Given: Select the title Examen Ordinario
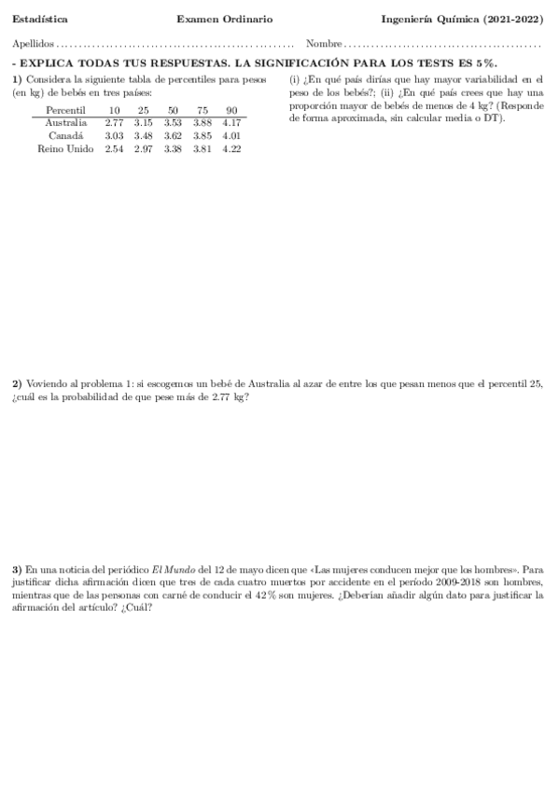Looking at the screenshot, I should [237, 19].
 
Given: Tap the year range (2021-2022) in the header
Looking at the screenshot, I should [514, 19].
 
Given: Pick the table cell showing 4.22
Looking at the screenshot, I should [231, 149].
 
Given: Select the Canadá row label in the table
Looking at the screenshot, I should [67, 136].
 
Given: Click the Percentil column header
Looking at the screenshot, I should [65, 110].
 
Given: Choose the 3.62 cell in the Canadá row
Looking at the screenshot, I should [173, 136].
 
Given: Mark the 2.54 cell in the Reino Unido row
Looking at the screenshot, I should [114, 149].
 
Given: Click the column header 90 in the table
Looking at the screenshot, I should [231, 110].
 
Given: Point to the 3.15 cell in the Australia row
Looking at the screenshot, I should [143, 123].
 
